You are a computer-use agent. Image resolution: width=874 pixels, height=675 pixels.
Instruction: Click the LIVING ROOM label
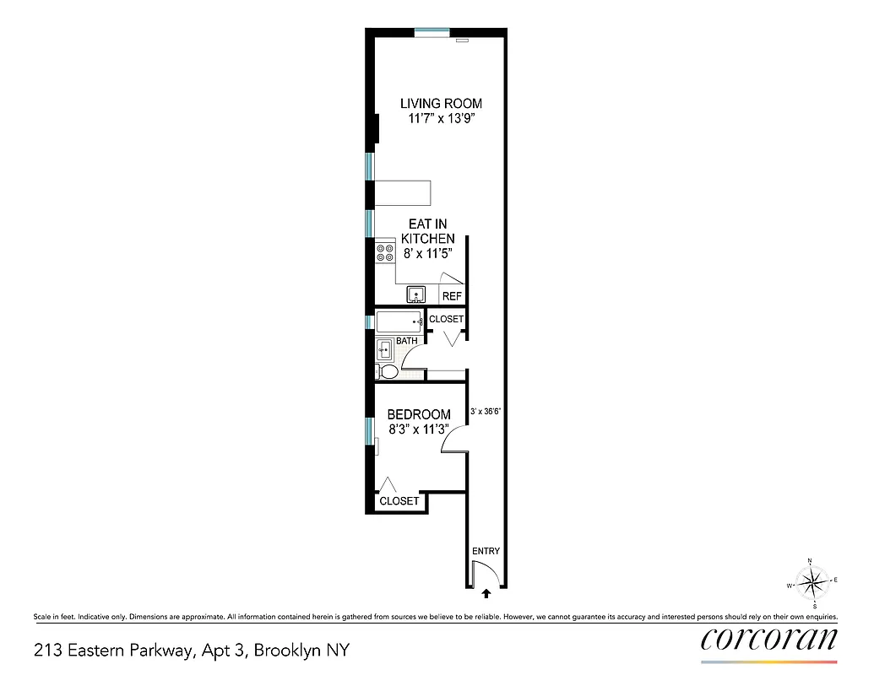[441, 104]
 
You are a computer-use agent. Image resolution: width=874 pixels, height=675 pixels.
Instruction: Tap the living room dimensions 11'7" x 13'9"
[441, 120]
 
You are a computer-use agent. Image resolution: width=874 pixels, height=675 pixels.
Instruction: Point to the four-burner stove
[385, 252]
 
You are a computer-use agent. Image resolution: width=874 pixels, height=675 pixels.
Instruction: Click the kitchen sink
[416, 294]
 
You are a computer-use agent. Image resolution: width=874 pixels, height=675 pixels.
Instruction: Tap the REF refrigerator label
[452, 296]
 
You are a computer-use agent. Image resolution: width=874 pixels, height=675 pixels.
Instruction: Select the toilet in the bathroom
[388, 371]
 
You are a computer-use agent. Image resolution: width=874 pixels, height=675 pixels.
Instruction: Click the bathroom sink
[384, 348]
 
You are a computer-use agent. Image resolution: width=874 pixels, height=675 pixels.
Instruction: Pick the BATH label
[407, 341]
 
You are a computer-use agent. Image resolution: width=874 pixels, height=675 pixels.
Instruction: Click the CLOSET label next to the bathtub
[446, 319]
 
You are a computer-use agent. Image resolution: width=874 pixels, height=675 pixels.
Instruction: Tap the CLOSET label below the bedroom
[399, 501]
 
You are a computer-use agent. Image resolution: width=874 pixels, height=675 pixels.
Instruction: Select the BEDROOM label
[418, 414]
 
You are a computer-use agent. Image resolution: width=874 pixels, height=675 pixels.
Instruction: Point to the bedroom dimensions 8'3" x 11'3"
[418, 429]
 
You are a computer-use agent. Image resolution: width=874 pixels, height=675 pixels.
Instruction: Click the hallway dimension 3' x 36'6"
[486, 413]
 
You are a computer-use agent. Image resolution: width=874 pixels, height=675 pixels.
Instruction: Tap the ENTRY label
[486, 551]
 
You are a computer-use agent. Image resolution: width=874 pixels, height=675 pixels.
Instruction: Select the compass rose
[812, 581]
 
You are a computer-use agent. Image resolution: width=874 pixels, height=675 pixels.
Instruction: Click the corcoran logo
[768, 639]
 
